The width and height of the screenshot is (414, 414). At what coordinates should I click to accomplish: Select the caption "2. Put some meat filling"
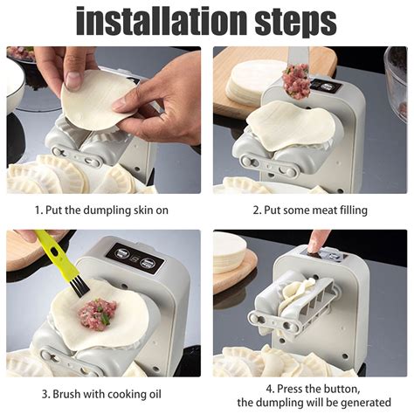pos(310,210)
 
